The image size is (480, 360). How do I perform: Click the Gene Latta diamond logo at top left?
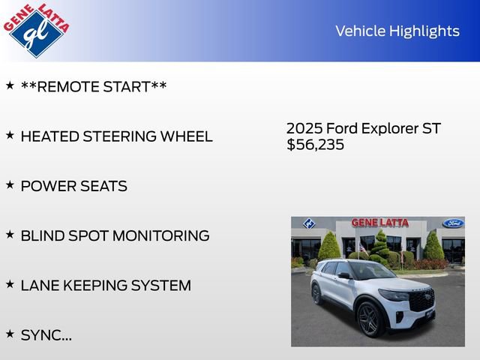click(35, 30)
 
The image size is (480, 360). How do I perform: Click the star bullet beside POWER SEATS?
click(10, 184)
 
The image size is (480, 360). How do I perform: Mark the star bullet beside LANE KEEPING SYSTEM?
click(10, 283)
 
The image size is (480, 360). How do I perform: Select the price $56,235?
click(315, 145)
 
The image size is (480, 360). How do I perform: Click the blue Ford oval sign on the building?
click(453, 223)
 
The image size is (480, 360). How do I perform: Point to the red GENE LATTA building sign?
click(380, 223)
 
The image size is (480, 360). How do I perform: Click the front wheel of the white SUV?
click(370, 319)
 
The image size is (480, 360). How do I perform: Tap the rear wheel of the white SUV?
click(316, 293)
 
